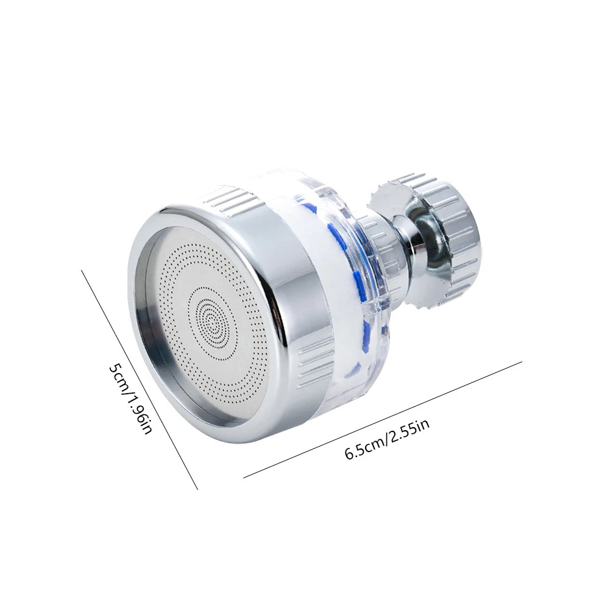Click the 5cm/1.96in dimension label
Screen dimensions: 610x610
(129, 400)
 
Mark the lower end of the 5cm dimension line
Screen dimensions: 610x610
(197, 489)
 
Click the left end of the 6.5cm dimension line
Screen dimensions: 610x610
(244, 477)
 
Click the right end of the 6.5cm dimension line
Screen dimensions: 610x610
(522, 363)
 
